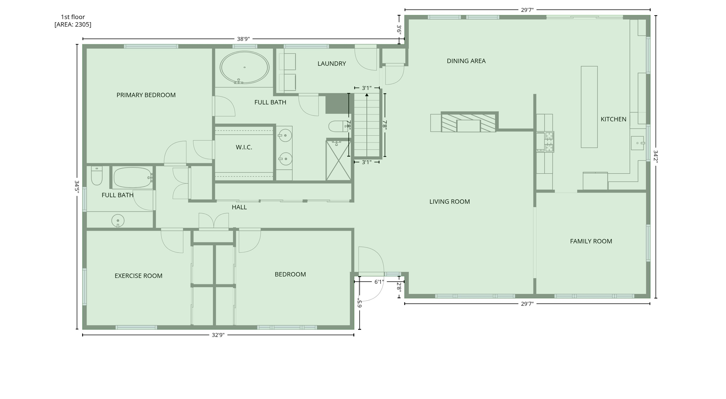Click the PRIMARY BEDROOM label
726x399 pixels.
146,95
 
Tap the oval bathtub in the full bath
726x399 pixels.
244,67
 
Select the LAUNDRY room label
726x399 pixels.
332,64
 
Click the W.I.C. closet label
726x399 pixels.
244,147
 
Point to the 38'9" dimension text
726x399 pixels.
243,39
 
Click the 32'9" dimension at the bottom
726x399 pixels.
218,335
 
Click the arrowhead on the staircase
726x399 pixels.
367,95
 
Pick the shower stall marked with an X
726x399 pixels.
339,161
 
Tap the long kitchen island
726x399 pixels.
589,107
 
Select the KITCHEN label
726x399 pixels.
613,119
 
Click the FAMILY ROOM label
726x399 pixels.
591,241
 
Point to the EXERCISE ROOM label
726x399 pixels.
138,276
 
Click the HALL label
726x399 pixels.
239,207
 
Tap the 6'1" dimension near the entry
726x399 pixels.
379,282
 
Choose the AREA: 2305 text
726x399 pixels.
73,24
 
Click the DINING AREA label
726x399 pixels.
466,61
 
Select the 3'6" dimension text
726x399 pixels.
399,29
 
